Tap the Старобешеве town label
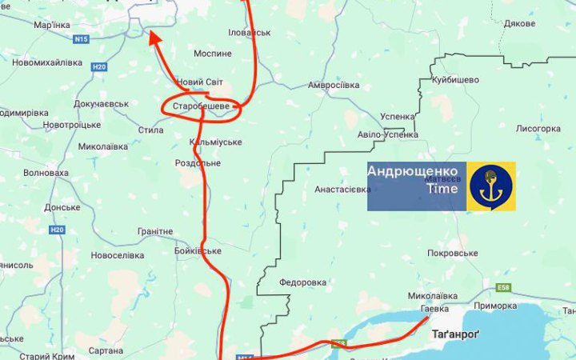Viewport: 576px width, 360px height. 201,106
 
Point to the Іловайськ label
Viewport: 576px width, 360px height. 250,33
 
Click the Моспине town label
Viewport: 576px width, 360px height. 213,53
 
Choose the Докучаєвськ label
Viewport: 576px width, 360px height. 101,104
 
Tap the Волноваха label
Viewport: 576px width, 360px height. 46,172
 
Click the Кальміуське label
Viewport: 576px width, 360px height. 215,142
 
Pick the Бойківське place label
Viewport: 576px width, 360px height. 198,250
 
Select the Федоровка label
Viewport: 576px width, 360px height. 303,282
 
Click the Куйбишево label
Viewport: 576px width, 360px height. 455,80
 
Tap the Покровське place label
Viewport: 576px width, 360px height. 452,253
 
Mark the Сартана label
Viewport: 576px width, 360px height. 106,350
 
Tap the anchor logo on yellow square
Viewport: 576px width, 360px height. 490,186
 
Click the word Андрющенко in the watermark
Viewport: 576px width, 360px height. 413,171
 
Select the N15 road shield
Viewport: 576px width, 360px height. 80,38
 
